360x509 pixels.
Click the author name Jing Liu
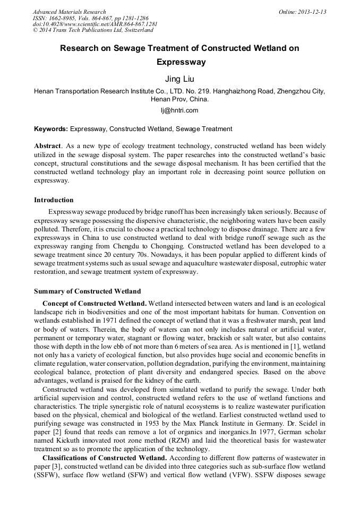tap(179, 79)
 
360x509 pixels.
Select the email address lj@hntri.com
tap(179, 110)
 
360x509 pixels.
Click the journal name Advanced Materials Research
tap(69, 12)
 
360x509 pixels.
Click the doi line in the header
tap(95, 24)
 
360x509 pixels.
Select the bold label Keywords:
tap(51, 129)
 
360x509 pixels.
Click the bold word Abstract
tap(47, 146)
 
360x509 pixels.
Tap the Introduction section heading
tap(54, 200)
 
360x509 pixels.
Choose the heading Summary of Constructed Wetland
tap(87, 291)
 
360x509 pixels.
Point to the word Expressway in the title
tap(179, 62)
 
